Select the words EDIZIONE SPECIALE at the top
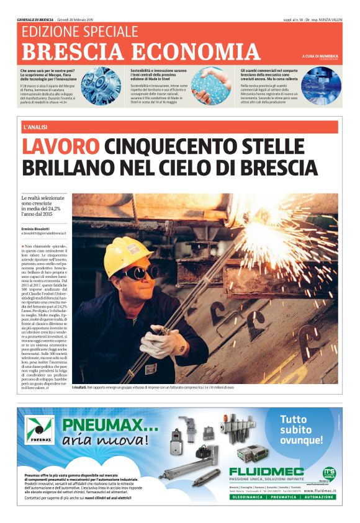click(x=79, y=31)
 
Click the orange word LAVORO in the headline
click(x=60, y=147)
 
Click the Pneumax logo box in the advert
click(x=41, y=429)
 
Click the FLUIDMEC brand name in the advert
click(x=266, y=472)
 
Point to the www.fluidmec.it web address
click(x=320, y=491)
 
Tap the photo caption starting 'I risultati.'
click(x=153, y=387)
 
